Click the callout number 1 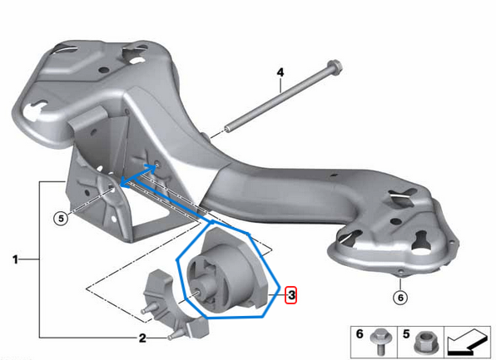point(15,260)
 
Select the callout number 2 point(142,338)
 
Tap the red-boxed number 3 point(291,294)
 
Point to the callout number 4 point(280,72)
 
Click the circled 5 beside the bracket point(60,219)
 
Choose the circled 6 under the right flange point(400,296)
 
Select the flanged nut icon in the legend point(425,341)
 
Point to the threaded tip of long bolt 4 point(228,130)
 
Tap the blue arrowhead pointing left point(122,180)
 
